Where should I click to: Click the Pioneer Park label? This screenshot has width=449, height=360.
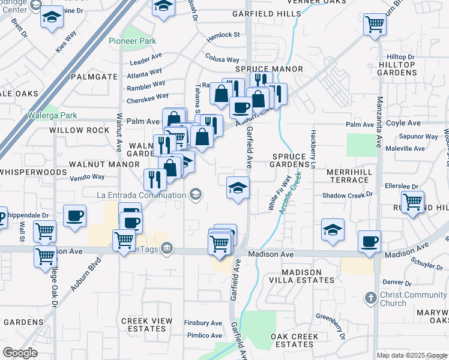coord(133,41)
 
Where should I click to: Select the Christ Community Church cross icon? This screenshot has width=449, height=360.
coord(371,298)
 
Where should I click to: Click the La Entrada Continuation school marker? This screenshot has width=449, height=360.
coord(194,194)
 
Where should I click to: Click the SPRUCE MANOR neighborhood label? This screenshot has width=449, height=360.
coord(274,69)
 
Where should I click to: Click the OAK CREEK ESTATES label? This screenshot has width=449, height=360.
coord(294,340)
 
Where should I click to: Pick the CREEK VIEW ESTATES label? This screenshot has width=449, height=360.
coord(147,325)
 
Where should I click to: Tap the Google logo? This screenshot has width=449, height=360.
coord(20,352)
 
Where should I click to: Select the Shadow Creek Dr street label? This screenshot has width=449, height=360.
coord(348,195)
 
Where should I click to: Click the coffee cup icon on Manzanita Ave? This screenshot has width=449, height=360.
coord(369,241)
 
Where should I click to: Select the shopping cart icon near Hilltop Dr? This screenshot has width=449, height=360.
coord(375,25)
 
